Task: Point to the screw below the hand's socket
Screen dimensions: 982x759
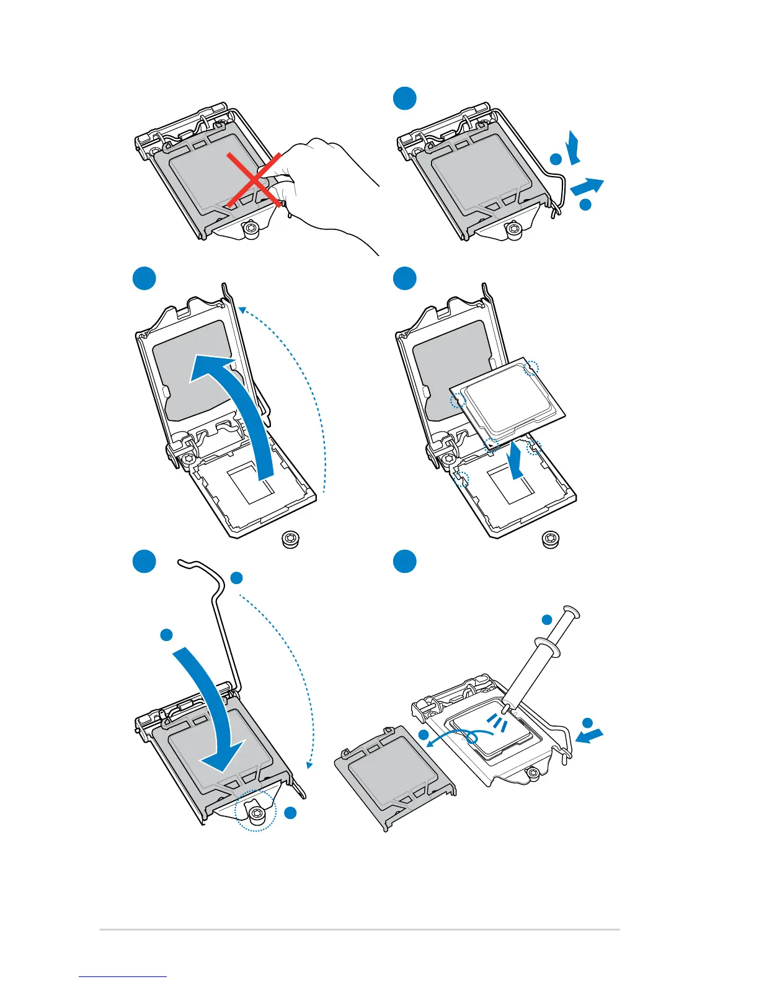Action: (x=251, y=229)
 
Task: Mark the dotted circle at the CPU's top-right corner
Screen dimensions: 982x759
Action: (x=531, y=369)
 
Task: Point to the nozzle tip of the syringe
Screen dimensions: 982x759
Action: (x=507, y=707)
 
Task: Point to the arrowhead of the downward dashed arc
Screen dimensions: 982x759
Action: (x=309, y=764)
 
